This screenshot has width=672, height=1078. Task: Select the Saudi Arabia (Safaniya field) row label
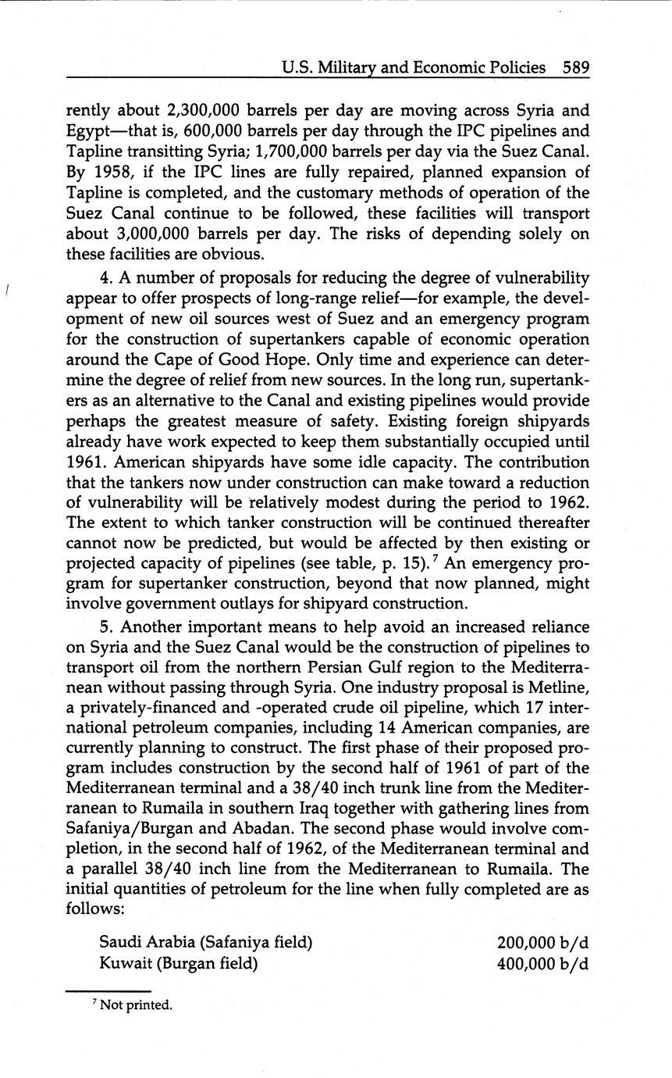(205, 942)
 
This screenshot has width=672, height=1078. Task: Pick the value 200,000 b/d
(542, 943)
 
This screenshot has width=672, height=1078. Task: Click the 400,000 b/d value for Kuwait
(542, 963)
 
